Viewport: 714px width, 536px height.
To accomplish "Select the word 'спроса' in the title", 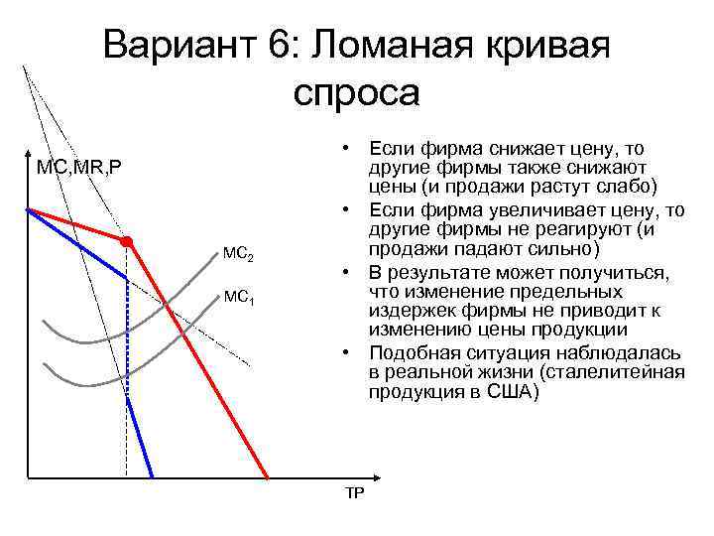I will tap(357, 92).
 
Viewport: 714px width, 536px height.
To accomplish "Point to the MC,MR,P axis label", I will tap(79, 167).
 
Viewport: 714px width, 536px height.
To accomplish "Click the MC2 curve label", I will tap(239, 256).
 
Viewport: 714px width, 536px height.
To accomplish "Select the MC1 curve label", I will tap(239, 297).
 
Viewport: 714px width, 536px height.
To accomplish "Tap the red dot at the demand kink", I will tap(127, 242).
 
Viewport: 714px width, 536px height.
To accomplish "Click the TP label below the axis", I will tap(354, 494).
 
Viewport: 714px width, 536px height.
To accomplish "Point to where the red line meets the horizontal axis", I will tap(268, 477).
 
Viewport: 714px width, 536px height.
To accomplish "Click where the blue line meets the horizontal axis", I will tap(151, 477).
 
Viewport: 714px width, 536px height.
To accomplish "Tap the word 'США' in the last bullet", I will tap(510, 392).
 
